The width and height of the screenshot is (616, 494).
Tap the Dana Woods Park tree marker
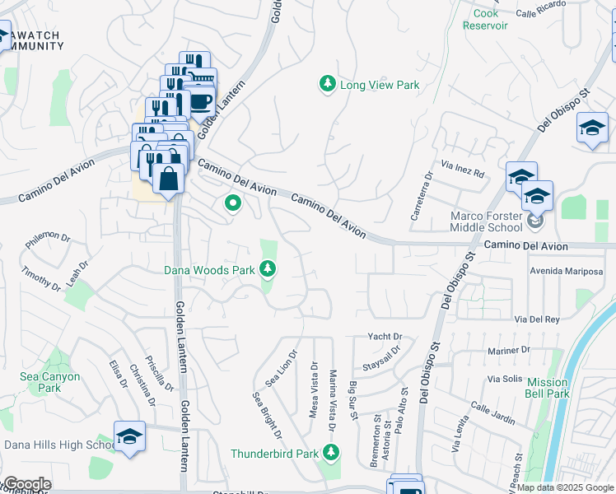(x=268, y=268)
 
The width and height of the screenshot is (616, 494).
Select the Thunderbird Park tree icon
(x=331, y=452)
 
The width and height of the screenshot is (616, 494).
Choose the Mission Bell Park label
(x=548, y=388)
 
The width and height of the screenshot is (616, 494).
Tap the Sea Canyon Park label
(x=50, y=382)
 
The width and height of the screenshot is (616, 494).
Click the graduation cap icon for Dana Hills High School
(x=129, y=436)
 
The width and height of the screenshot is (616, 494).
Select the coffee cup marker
(x=200, y=100)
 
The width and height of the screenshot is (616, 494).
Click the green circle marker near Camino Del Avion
(x=233, y=202)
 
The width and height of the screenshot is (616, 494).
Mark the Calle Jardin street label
(x=492, y=413)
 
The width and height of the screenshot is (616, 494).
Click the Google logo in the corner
(x=26, y=484)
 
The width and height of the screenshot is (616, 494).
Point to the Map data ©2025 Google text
(x=565, y=487)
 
